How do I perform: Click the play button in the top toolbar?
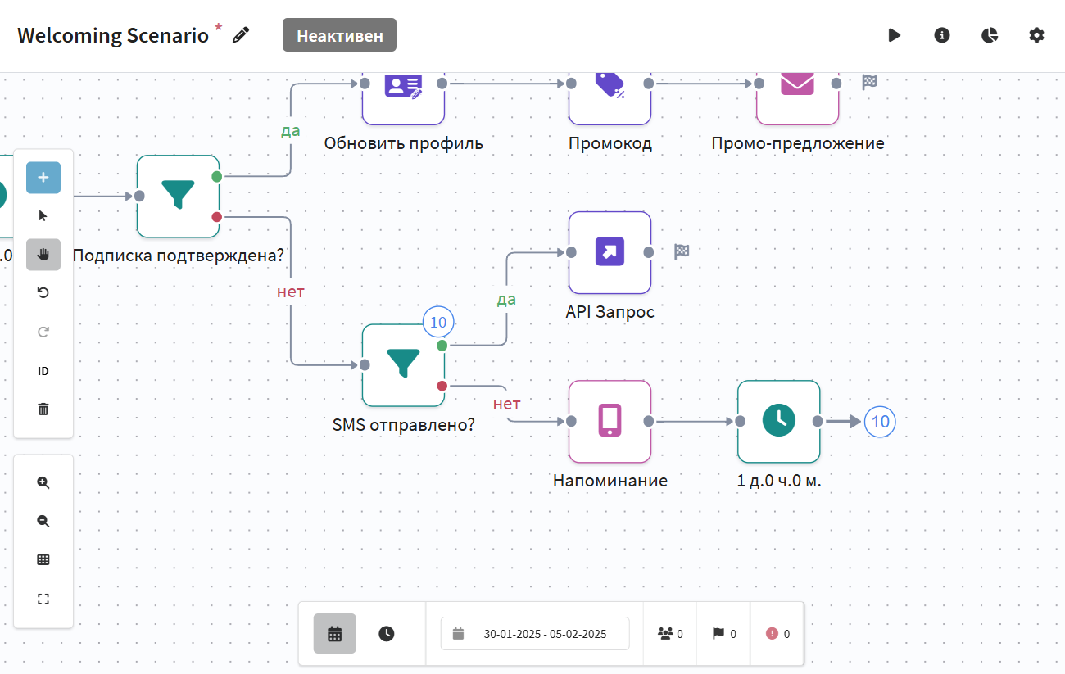coord(895,35)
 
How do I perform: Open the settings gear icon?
coord(1037,35)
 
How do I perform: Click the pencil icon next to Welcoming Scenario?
coord(241,34)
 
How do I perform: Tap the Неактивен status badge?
coord(339,35)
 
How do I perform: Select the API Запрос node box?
coord(610,252)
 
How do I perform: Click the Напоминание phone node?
coord(610,421)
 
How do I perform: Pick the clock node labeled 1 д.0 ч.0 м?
coord(778,421)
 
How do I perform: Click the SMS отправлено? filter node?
coord(403,364)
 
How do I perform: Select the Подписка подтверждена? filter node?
coord(178,196)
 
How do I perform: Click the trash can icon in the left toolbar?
coord(43,409)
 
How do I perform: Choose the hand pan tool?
coord(43,255)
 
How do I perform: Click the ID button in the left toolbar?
coord(43,371)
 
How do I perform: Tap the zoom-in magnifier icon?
coord(43,482)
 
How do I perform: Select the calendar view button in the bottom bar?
coord(334,633)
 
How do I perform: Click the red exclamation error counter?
coord(777,633)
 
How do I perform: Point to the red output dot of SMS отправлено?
coord(442,386)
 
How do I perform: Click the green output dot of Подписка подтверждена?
coord(216,176)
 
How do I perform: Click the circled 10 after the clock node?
coord(880,422)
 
